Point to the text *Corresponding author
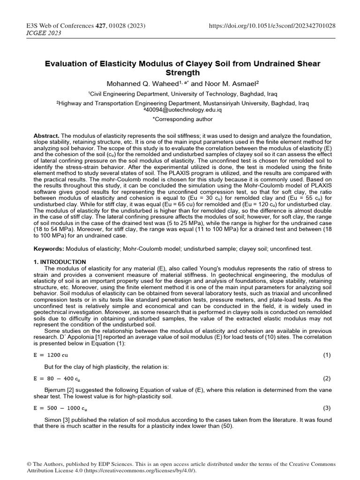click(x=180, y=120)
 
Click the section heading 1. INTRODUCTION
click(x=60, y=262)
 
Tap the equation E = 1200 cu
click(x=51, y=355)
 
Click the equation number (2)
click(x=327, y=378)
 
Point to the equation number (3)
click(x=327, y=408)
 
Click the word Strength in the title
click(x=180, y=73)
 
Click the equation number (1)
click(x=327, y=355)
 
